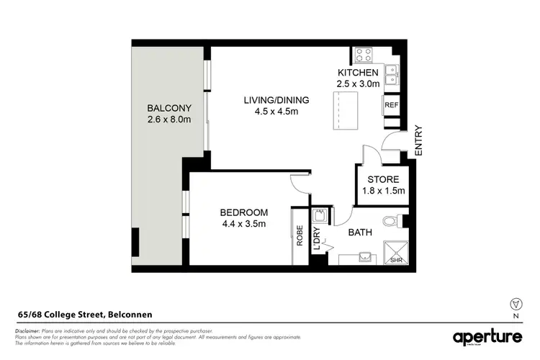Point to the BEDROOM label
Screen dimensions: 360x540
click(x=243, y=212)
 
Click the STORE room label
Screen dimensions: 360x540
click(x=383, y=179)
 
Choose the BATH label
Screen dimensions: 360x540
click(x=360, y=233)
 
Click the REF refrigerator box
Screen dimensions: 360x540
click(x=392, y=105)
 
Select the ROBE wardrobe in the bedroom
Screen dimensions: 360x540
click(x=299, y=237)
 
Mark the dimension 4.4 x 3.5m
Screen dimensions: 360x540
click(x=243, y=224)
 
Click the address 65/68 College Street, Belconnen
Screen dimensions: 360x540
click(x=85, y=314)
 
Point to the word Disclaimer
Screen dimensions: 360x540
click(x=28, y=330)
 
